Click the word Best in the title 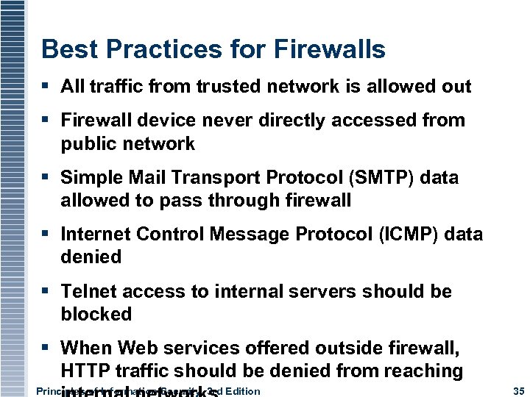(x=65, y=49)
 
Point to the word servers (x=324, y=291)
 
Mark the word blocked (x=96, y=314)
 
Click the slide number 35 (x=515, y=390)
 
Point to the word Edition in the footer (x=242, y=390)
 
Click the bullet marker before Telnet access (x=46, y=292)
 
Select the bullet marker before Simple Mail (x=46, y=178)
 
